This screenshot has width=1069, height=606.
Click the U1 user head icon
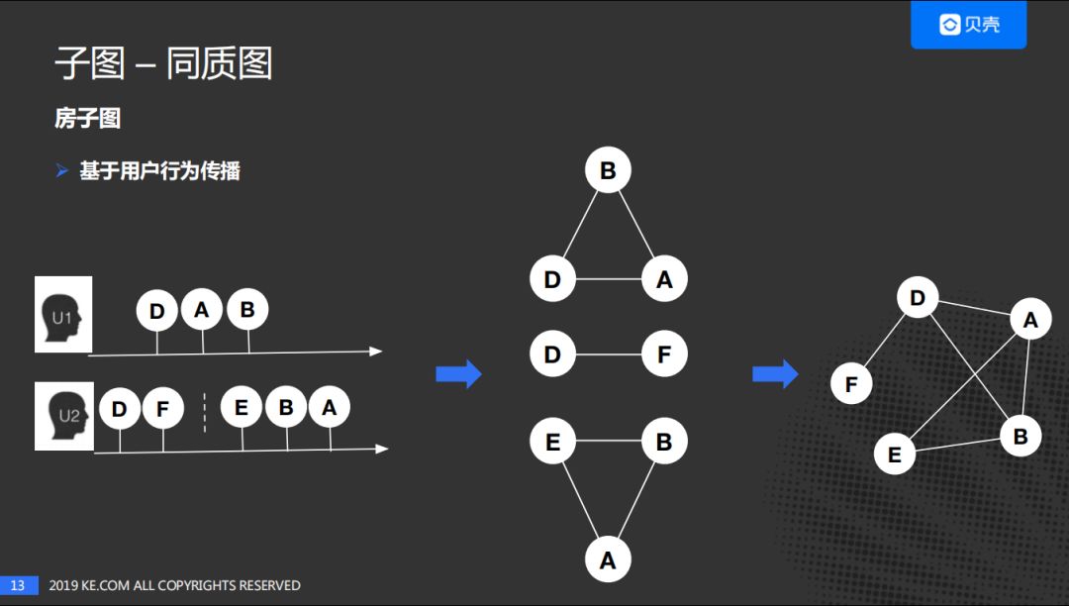(x=63, y=315)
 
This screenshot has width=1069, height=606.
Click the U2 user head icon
(x=64, y=416)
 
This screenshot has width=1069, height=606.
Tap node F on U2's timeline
(x=163, y=408)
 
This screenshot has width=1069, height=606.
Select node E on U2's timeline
(x=242, y=408)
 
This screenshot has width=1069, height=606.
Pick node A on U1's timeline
(x=202, y=311)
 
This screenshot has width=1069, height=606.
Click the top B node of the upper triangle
(x=608, y=170)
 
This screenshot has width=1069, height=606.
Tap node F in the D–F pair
(x=664, y=354)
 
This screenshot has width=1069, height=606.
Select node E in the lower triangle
(x=552, y=443)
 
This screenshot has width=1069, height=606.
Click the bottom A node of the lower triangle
(x=608, y=560)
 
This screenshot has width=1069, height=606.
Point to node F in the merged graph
(x=851, y=384)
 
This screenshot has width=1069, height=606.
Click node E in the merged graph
(x=895, y=454)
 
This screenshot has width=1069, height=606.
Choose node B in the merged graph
(x=1020, y=436)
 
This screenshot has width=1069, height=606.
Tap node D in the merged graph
(x=918, y=298)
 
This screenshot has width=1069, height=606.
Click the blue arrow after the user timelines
(x=458, y=374)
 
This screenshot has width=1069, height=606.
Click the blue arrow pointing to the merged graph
(x=775, y=374)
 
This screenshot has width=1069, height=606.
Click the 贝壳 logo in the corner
(x=968, y=25)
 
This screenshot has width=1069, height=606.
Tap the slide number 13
(x=18, y=585)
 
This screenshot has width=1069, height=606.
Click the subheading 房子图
(x=87, y=119)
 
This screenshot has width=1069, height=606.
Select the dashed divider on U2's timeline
(x=205, y=412)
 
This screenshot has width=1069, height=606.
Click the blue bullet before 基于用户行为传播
(x=61, y=171)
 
